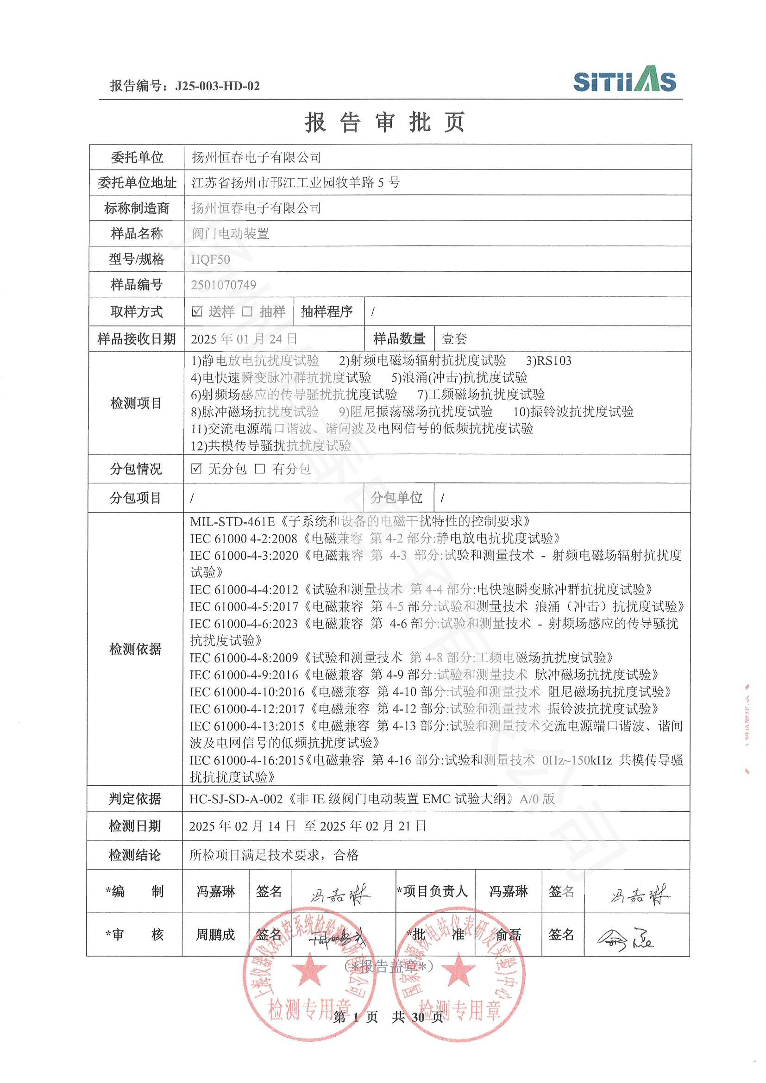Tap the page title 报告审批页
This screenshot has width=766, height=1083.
(384, 122)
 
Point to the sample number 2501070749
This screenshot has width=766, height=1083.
(224, 285)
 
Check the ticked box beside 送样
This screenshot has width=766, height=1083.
(197, 311)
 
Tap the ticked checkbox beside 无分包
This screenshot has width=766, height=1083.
(196, 469)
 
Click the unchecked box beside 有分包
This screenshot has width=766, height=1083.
(260, 469)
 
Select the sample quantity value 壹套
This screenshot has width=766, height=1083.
(454, 338)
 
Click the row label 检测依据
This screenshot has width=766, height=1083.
(135, 649)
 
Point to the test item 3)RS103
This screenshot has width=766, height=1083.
(548, 361)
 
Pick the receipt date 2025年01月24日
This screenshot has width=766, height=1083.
(244, 338)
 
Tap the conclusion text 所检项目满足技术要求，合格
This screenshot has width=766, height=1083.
(274, 855)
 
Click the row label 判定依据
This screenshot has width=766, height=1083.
(135, 799)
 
